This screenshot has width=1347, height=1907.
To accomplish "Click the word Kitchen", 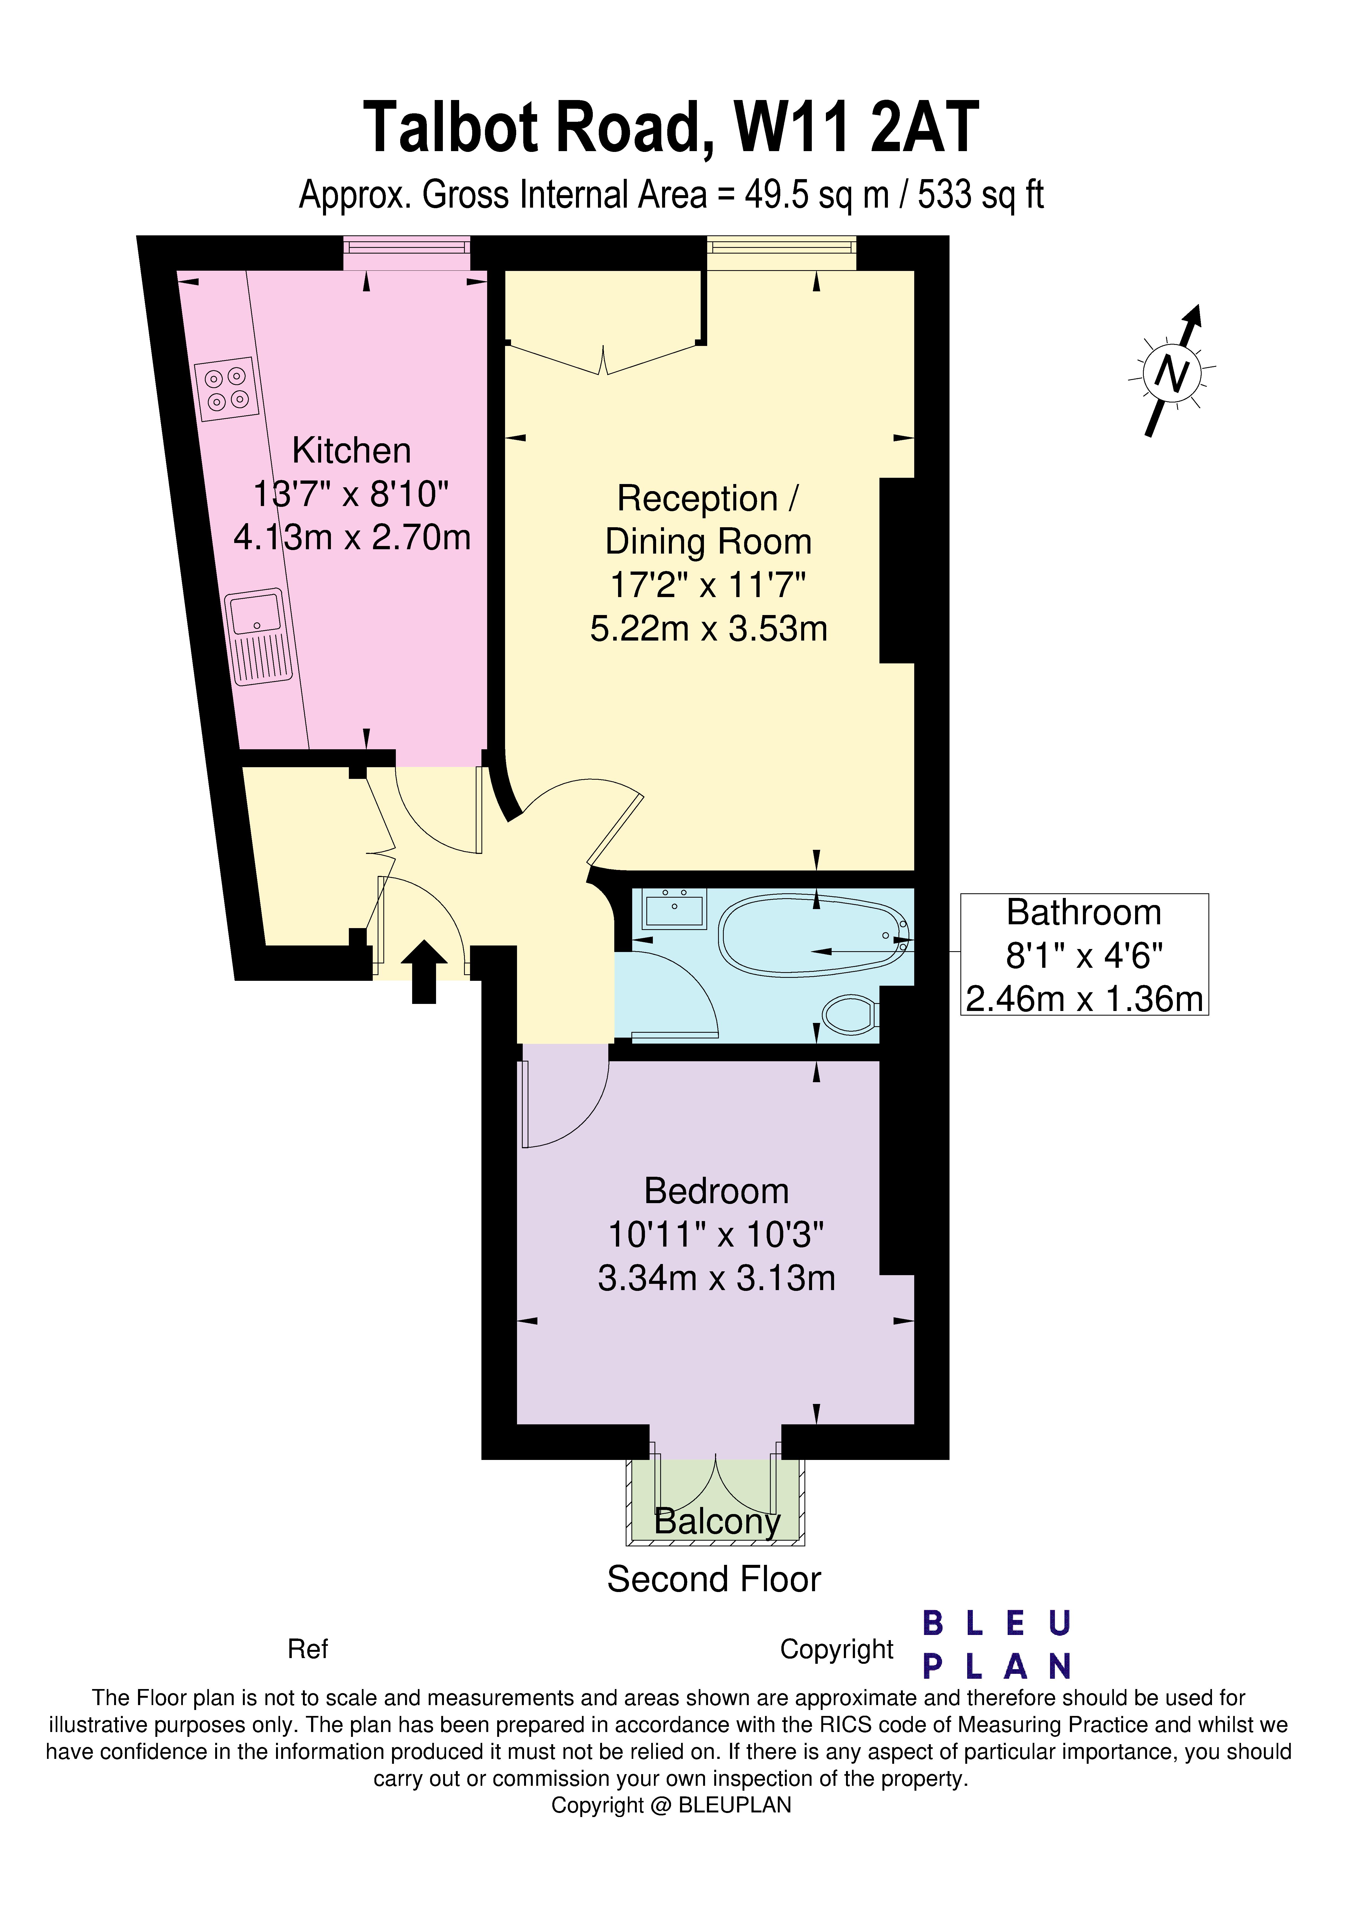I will [351, 451].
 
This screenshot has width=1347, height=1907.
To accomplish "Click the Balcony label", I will [717, 1522].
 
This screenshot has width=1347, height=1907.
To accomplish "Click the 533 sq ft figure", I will [980, 195].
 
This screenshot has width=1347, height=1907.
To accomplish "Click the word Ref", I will [307, 1649].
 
